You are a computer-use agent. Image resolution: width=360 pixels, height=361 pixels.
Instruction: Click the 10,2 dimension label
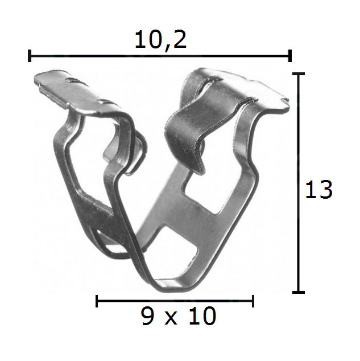tap(160, 40)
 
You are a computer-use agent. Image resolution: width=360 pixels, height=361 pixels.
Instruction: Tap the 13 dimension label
tap(319, 190)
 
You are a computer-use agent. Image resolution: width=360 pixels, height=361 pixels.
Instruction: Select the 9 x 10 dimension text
tap(179, 316)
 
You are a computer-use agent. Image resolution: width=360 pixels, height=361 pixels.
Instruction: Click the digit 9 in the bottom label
tap(147, 316)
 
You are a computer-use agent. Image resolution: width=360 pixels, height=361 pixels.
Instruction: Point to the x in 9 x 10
tap(171, 318)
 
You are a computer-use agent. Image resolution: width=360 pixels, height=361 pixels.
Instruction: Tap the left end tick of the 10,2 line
tap(30, 56)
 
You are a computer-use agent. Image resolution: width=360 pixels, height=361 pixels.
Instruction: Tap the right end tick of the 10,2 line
tap(290, 56)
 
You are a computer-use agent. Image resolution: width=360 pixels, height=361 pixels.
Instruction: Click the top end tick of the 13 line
tap(299, 73)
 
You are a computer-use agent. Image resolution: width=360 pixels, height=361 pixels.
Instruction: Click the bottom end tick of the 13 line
tap(299, 292)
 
